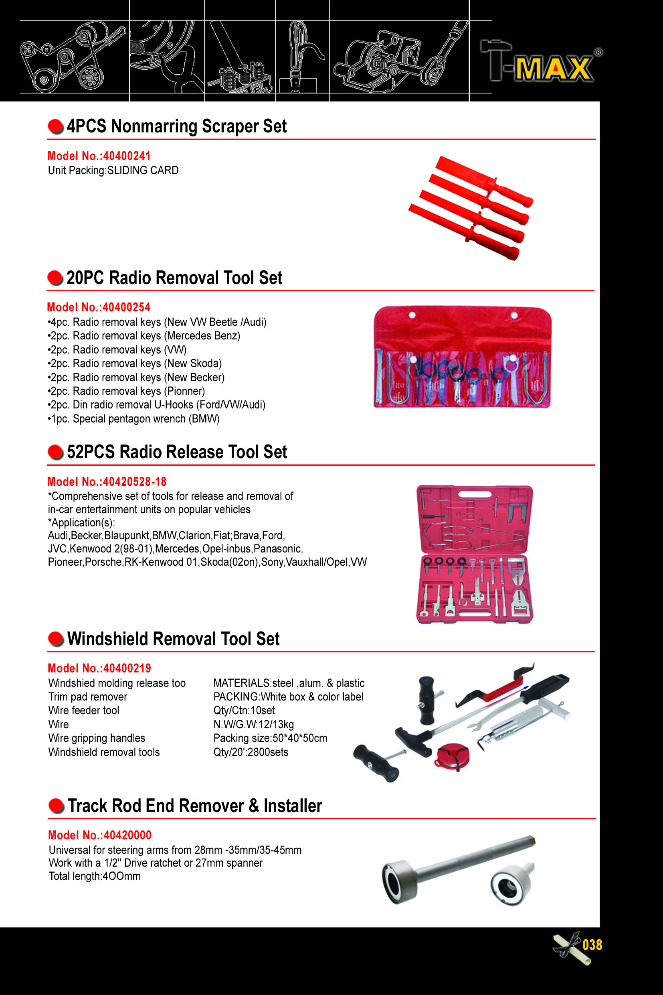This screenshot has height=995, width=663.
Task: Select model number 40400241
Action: [x=99, y=156]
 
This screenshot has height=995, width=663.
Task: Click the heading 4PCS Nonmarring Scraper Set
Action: [x=177, y=126]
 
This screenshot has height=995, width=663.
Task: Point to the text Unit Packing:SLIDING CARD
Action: [x=113, y=171]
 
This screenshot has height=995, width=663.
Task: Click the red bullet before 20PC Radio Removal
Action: [x=55, y=278]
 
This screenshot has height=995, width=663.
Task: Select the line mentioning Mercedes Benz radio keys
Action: [x=144, y=336]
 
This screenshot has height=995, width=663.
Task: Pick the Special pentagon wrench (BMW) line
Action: [x=134, y=419]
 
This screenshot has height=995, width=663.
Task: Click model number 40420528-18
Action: [x=107, y=481]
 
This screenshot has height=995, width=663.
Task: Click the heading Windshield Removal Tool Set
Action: [x=173, y=639]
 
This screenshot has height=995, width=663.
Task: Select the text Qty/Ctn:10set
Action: [x=244, y=711]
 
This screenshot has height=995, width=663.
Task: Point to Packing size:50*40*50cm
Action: [x=270, y=738]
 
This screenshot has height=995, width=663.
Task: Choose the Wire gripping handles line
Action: [x=97, y=738]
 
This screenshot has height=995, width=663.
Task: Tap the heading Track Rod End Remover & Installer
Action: [x=195, y=806]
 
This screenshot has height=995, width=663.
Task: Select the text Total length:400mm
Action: [x=95, y=876]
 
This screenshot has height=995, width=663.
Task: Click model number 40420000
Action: [x=100, y=835]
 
